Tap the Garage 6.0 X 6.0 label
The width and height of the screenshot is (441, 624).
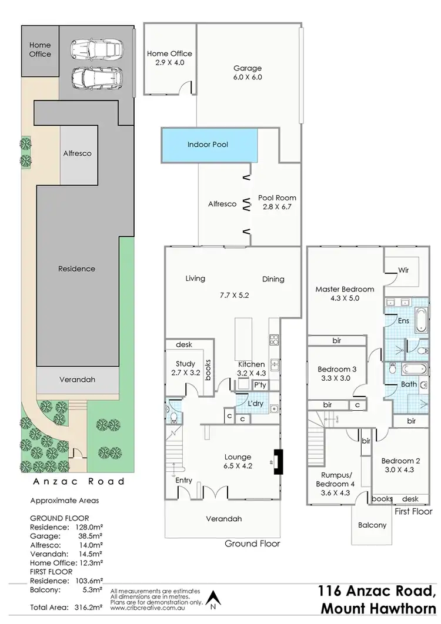tap(248, 72)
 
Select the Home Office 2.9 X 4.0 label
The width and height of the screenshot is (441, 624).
tap(169, 58)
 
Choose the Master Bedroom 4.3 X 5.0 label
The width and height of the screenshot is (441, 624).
tap(345, 294)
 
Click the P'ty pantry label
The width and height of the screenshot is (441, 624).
tap(259, 385)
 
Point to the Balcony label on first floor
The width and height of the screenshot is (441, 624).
tap(373, 525)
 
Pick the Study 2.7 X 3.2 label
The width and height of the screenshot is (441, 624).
tap(186, 368)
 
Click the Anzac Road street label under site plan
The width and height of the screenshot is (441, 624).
tap(78, 481)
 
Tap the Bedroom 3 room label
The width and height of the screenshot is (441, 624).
tap(337, 374)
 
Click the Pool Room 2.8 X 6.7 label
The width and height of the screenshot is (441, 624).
tap(277, 202)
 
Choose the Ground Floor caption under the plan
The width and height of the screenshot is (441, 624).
tap(252, 544)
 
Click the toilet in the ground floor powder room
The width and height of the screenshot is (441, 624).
tap(172, 418)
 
